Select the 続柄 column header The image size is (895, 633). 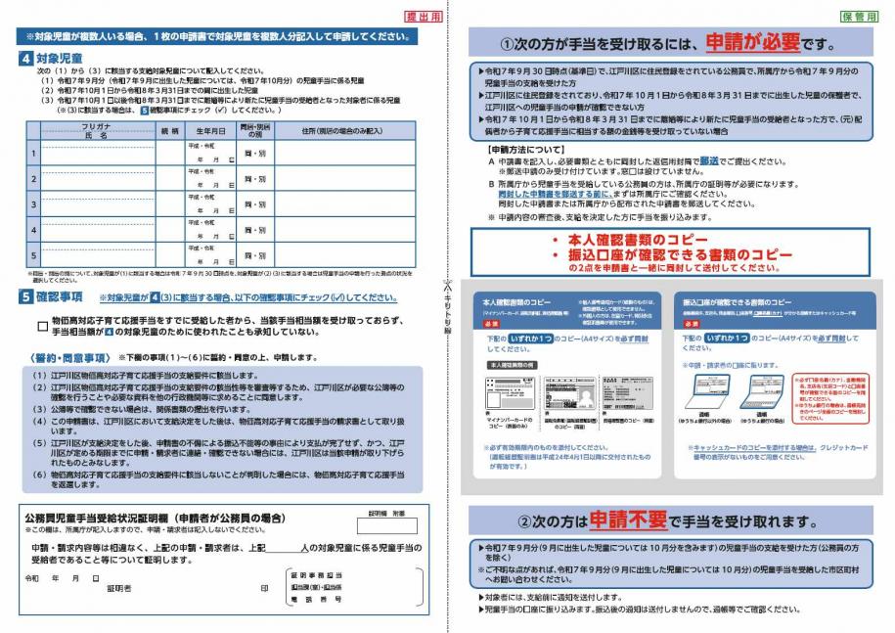[x=171, y=130]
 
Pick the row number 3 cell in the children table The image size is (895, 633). [x=34, y=204]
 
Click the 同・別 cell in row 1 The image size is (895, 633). [x=255, y=154]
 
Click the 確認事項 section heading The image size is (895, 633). [x=62, y=296]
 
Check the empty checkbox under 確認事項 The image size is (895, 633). [x=43, y=326]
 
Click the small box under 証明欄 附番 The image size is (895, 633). [x=386, y=525]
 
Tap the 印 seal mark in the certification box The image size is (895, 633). [x=263, y=589]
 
